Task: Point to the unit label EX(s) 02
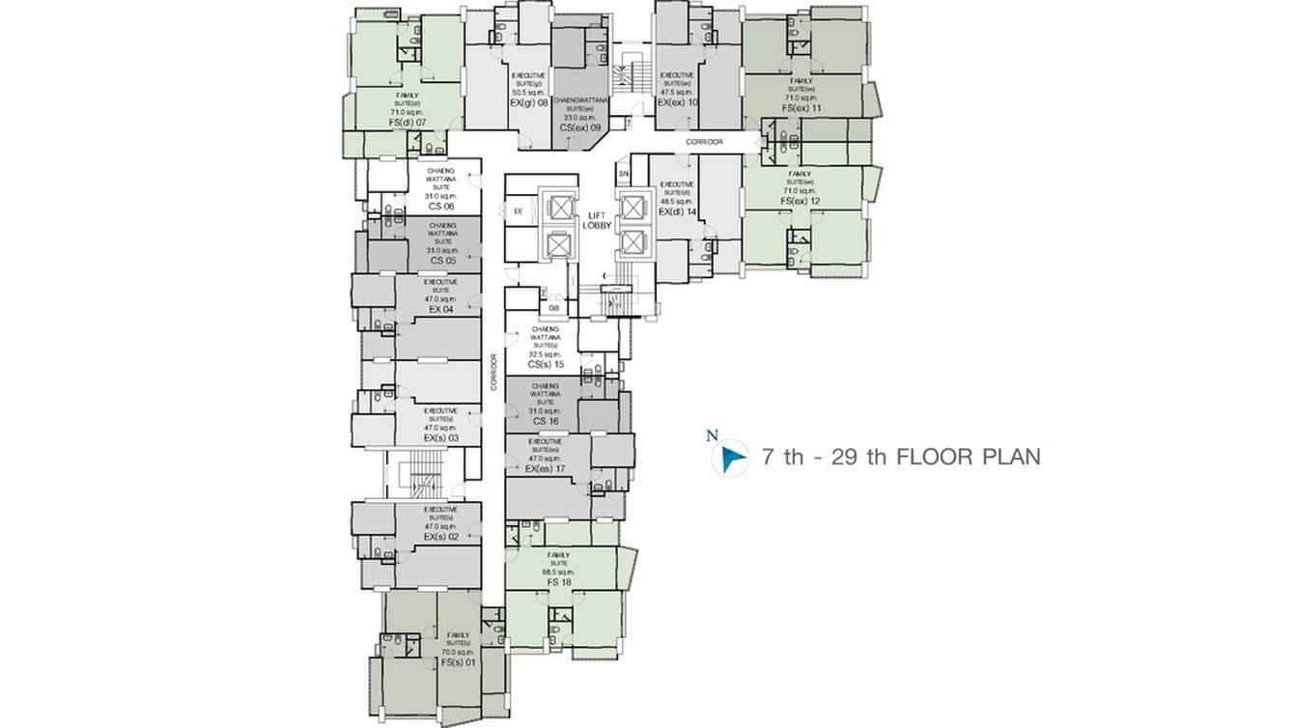point(440,536)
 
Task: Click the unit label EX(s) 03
point(440,437)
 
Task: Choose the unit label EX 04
point(440,309)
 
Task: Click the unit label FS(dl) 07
point(408,125)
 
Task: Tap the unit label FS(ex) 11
point(803,107)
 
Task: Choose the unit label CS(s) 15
point(545,364)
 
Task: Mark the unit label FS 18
point(559,583)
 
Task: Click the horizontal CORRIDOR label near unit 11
point(704,142)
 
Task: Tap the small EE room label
point(519,210)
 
